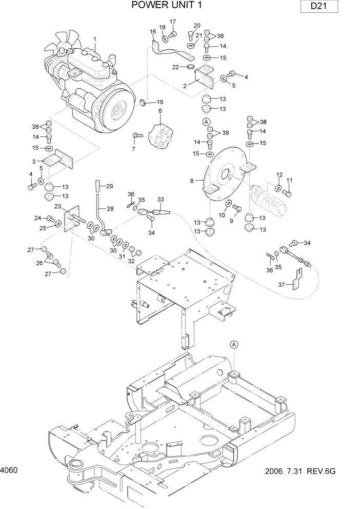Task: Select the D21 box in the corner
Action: pos(318,7)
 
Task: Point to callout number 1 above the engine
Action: pos(95,38)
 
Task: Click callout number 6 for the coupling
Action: pos(160,110)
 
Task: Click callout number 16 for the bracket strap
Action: pos(153,32)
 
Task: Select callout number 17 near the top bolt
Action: pos(173,22)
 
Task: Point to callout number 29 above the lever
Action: pos(109,186)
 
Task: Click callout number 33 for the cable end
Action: pos(161,199)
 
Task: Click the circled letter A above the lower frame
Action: pos(234,344)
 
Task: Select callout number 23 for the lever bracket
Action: pos(58,206)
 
